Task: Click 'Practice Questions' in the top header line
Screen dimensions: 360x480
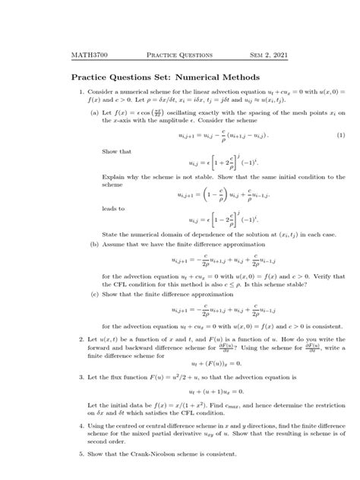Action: (x=179, y=55)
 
